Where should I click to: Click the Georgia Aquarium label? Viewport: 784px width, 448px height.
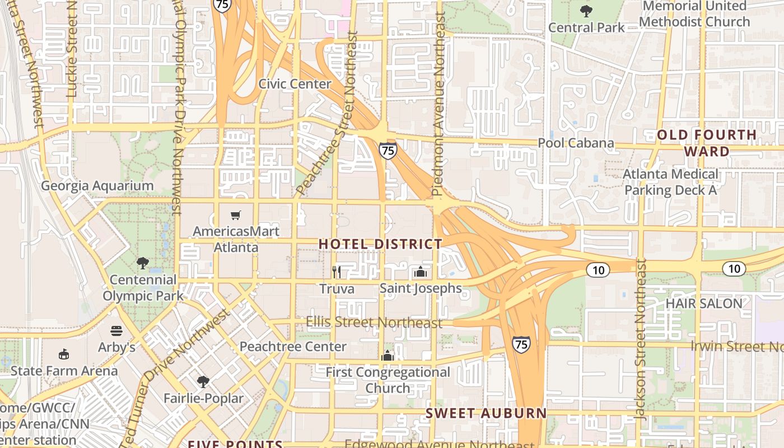coord(97,185)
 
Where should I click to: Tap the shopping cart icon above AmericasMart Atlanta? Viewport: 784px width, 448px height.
coord(236,216)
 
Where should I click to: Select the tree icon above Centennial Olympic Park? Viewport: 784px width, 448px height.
coord(143,263)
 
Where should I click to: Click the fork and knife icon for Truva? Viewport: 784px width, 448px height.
coord(337,272)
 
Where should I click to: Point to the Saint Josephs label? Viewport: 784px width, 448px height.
coord(421,288)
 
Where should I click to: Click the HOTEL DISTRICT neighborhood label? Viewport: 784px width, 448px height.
coord(380,244)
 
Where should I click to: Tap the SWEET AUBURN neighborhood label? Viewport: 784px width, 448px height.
coord(486,413)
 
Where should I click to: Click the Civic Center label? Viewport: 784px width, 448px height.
coord(295,84)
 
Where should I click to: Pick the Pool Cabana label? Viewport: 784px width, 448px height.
coord(576,143)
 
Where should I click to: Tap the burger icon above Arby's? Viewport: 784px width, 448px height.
coord(116,331)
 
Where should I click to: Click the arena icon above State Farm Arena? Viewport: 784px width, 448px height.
coord(64,354)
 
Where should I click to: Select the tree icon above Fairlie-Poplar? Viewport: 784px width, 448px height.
coord(203,382)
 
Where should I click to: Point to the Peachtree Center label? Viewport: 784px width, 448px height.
coord(293,347)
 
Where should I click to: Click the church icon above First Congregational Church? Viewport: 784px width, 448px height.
coord(388,356)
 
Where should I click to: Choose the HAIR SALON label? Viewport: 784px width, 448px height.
coord(703,304)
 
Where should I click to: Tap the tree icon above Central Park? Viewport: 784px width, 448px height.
coord(586,11)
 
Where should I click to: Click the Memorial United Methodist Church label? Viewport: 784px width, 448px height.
coord(694,14)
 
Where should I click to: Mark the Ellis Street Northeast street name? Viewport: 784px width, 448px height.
coord(374,323)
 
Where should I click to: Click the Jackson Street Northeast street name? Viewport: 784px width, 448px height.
coord(641,339)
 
